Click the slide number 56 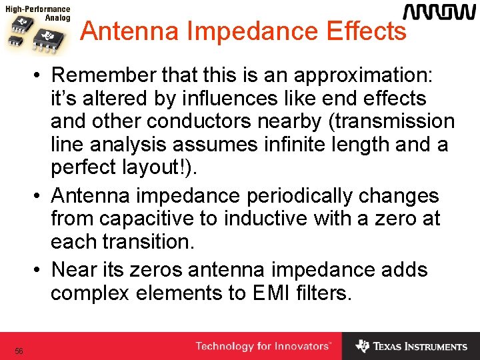click(x=19, y=351)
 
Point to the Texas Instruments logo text click(x=420, y=347)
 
